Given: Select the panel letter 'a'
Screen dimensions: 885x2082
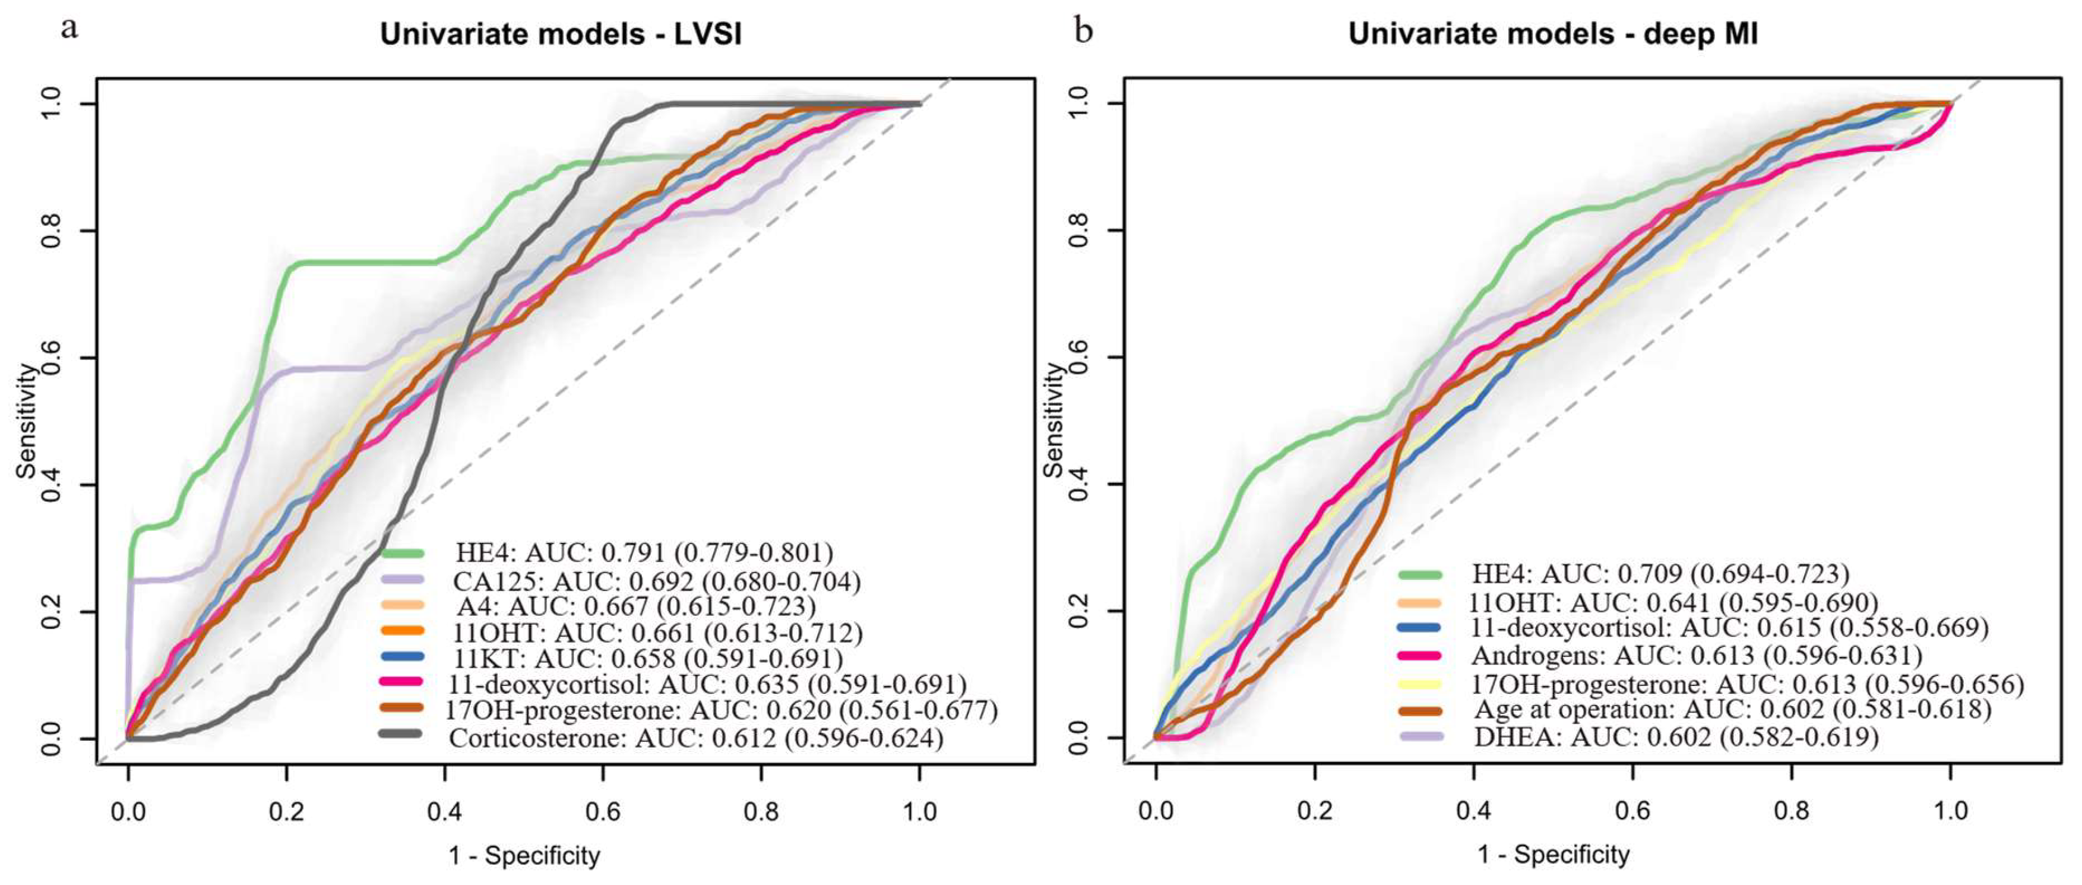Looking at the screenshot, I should pos(70,29).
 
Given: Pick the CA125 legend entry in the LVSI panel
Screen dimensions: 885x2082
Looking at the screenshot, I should pos(656,581).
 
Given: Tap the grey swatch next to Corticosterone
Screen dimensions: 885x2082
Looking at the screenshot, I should pos(401,734).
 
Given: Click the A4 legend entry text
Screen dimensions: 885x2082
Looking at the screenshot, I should pos(635,607).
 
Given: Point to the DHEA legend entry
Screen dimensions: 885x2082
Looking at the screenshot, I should pos(1675,737).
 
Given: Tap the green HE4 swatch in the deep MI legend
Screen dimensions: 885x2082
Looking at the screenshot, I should pos(1419,574).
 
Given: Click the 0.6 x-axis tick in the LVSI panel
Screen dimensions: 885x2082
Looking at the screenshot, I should pos(603,811).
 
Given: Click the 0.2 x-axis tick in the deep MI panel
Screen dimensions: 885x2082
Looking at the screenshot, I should pos(1314,811).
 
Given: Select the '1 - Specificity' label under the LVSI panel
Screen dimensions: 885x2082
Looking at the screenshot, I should pos(524,855).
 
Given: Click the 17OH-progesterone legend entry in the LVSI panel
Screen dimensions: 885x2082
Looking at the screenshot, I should pos(721,710).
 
